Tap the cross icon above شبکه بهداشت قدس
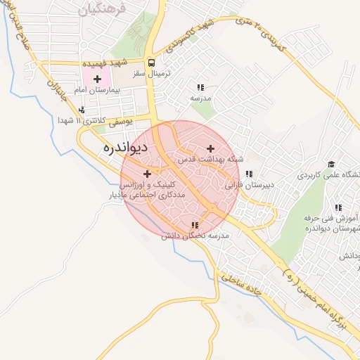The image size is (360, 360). [211, 148]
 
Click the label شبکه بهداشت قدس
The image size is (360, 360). [210, 160]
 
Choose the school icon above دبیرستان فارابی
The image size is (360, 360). [248, 174]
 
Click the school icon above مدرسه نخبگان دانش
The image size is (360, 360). [195, 225]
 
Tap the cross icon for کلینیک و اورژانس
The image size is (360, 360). [147, 174]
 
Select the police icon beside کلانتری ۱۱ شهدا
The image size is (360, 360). [82, 110]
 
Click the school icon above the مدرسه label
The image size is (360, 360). [200, 87]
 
